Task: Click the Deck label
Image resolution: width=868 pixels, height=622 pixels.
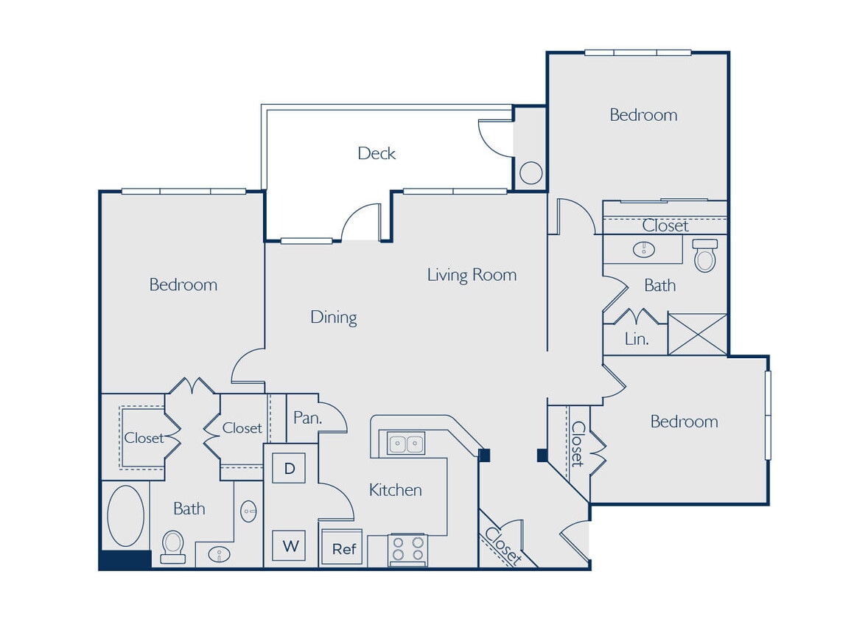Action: tap(377, 153)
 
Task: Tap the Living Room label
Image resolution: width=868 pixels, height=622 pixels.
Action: tap(472, 275)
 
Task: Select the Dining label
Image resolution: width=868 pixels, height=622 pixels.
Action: tap(333, 318)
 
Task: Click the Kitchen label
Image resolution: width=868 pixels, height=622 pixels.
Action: tap(395, 490)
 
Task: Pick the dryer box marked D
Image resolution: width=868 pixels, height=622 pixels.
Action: tap(289, 468)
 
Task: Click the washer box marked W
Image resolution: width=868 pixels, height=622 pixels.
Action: tap(289, 546)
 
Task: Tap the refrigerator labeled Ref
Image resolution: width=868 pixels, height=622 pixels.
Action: tap(343, 548)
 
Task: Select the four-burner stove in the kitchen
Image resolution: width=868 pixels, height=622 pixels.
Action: tap(407, 550)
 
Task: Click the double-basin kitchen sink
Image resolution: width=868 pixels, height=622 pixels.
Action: tap(406, 444)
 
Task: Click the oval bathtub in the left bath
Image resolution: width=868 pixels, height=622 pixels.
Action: tap(125, 516)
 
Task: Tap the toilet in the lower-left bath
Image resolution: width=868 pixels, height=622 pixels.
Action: tap(173, 546)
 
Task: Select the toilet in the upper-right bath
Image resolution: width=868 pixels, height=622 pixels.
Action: tap(705, 256)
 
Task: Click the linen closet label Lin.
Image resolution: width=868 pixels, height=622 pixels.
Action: tap(636, 339)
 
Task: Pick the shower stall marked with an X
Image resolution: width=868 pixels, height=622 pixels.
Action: tap(697, 334)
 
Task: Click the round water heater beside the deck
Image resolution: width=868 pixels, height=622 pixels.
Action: tap(531, 173)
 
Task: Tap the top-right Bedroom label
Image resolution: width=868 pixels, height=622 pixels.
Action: tap(643, 115)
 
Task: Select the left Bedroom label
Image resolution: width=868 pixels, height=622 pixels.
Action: tap(183, 284)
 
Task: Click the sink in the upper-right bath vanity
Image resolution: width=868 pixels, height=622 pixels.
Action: tap(643, 250)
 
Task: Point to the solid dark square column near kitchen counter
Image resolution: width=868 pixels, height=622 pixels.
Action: tap(484, 455)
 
